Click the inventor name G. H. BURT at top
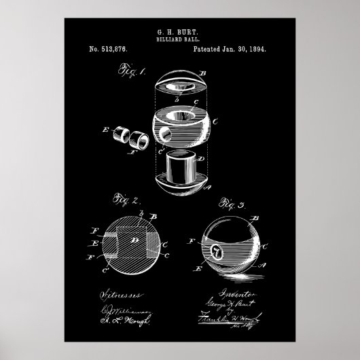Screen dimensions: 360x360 [x=180, y=31]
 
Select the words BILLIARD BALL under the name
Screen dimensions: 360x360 [x=180, y=39]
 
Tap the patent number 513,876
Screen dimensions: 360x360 [x=108, y=50]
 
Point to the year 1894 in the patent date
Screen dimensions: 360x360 [x=257, y=50]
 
